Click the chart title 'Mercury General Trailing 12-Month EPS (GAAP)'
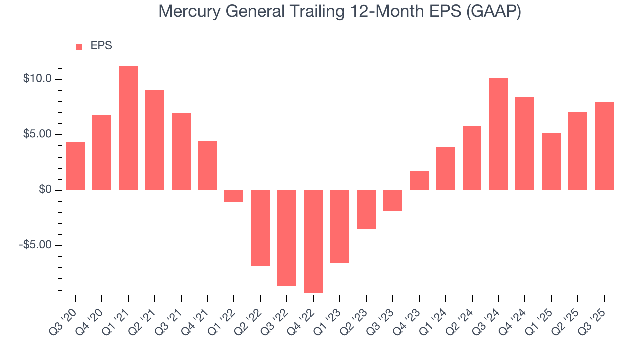(340, 11)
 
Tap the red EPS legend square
(79, 47)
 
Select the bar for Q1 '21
(128, 128)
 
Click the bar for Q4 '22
(313, 241)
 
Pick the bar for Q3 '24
(498, 134)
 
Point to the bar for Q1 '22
(234, 196)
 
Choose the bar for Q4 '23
(419, 181)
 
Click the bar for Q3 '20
(75, 166)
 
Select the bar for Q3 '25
(604, 146)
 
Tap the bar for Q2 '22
(260, 228)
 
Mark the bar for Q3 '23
(392, 200)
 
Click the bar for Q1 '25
(551, 162)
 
